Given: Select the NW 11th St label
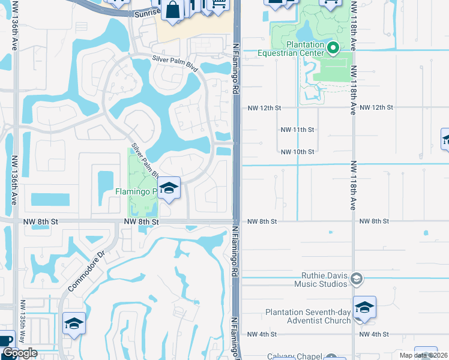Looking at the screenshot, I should (298, 130).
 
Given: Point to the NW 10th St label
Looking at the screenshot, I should (298, 152).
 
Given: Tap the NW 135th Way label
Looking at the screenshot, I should (23, 322).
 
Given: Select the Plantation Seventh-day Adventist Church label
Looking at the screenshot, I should (309, 316).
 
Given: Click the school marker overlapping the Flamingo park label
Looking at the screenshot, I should (169, 188).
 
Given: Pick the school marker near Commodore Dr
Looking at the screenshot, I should (74, 324).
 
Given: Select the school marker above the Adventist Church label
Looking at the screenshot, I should (364, 307).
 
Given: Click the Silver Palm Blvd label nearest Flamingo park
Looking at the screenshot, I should (145, 160).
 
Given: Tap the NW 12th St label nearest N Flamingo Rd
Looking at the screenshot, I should (265, 107).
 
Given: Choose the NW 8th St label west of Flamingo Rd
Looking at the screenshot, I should (141, 221).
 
